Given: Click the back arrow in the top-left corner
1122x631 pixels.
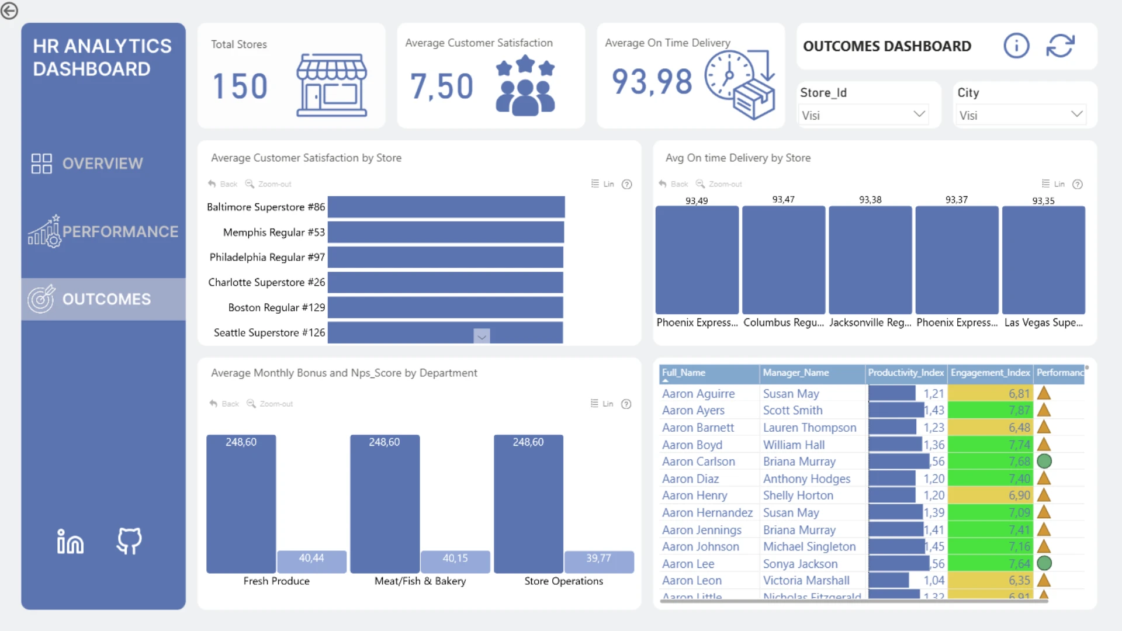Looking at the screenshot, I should pyautogui.click(x=9, y=11).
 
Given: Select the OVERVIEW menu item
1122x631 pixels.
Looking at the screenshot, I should pyautogui.click(x=88, y=164).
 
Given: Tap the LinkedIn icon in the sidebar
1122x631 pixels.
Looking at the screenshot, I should pyautogui.click(x=70, y=541).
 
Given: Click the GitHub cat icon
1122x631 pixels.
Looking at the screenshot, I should pyautogui.click(x=129, y=541).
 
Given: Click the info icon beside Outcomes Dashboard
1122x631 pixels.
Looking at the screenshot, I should pyautogui.click(x=1016, y=46).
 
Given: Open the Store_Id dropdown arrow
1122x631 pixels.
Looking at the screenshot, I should pyautogui.click(x=919, y=114).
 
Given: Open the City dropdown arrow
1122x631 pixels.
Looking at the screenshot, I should pyautogui.click(x=1076, y=114).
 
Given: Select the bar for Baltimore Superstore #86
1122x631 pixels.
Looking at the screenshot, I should pyautogui.click(x=446, y=207).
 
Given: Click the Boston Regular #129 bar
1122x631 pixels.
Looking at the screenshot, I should pyautogui.click(x=445, y=307).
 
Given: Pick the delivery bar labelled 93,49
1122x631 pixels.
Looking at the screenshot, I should pyautogui.click(x=697, y=260).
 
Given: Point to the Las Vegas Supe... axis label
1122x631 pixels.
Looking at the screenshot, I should pyautogui.click(x=1043, y=323).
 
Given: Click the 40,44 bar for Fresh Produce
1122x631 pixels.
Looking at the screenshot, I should pyautogui.click(x=311, y=561).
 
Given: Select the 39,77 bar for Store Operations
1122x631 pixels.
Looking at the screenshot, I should pyautogui.click(x=599, y=561).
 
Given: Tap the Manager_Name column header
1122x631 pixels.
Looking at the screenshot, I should pyautogui.click(x=795, y=373).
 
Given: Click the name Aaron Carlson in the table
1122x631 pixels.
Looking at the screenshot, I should pyautogui.click(x=698, y=462).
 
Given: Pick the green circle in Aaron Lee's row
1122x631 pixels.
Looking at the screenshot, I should pyautogui.click(x=1044, y=563).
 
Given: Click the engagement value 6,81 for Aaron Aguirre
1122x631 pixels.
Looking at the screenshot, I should pyautogui.click(x=1019, y=394).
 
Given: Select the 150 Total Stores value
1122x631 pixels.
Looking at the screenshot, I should pyautogui.click(x=240, y=86).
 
